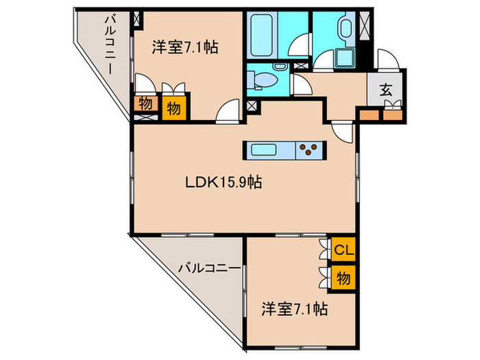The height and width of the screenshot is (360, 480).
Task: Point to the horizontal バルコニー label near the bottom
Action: (x=210, y=268)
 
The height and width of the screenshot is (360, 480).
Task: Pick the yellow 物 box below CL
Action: (x=344, y=278)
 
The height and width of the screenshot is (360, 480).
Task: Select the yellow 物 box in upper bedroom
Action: (x=174, y=108)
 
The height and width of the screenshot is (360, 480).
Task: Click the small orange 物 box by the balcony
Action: (x=145, y=104)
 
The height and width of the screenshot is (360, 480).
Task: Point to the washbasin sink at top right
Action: (x=345, y=29)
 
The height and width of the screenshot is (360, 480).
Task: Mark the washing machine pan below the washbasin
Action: (x=341, y=59)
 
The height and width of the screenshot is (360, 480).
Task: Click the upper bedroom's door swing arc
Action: (x=228, y=112)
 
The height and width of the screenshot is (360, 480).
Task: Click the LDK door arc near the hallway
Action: (x=341, y=128)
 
